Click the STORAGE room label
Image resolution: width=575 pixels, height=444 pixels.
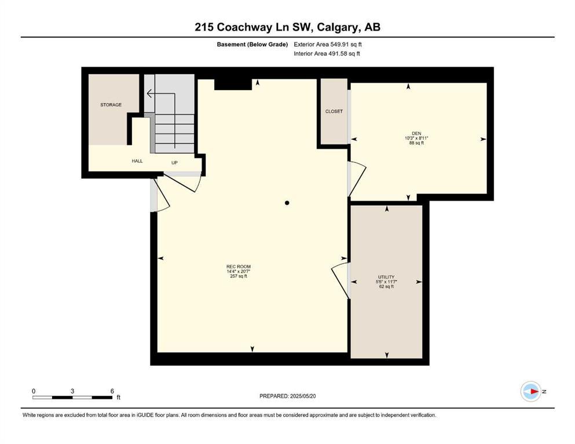(x=111, y=105)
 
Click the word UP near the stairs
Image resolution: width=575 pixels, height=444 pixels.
(x=174, y=162)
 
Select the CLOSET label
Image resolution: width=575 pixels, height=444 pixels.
(x=334, y=111)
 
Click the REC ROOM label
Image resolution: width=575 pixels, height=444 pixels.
(x=238, y=266)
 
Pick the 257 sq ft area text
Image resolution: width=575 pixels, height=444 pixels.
(x=238, y=276)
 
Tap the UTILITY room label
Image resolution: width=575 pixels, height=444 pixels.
(x=386, y=277)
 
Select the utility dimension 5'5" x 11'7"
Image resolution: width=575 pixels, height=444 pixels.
(x=386, y=282)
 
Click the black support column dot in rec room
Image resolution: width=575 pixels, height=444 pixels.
(x=287, y=203)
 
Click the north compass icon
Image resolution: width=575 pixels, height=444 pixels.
(x=530, y=391)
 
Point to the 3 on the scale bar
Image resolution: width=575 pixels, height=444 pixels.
(x=72, y=391)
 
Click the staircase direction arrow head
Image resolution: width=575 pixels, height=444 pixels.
(x=149, y=93)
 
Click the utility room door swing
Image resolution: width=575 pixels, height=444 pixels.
(x=340, y=280)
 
